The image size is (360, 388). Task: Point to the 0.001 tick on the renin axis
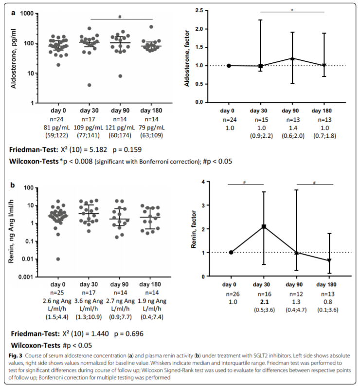tap(31, 277)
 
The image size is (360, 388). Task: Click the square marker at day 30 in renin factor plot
tap(264, 226)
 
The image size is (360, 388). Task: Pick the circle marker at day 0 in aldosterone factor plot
tap(229, 66)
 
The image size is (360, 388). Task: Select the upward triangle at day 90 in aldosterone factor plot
tap(292, 58)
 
